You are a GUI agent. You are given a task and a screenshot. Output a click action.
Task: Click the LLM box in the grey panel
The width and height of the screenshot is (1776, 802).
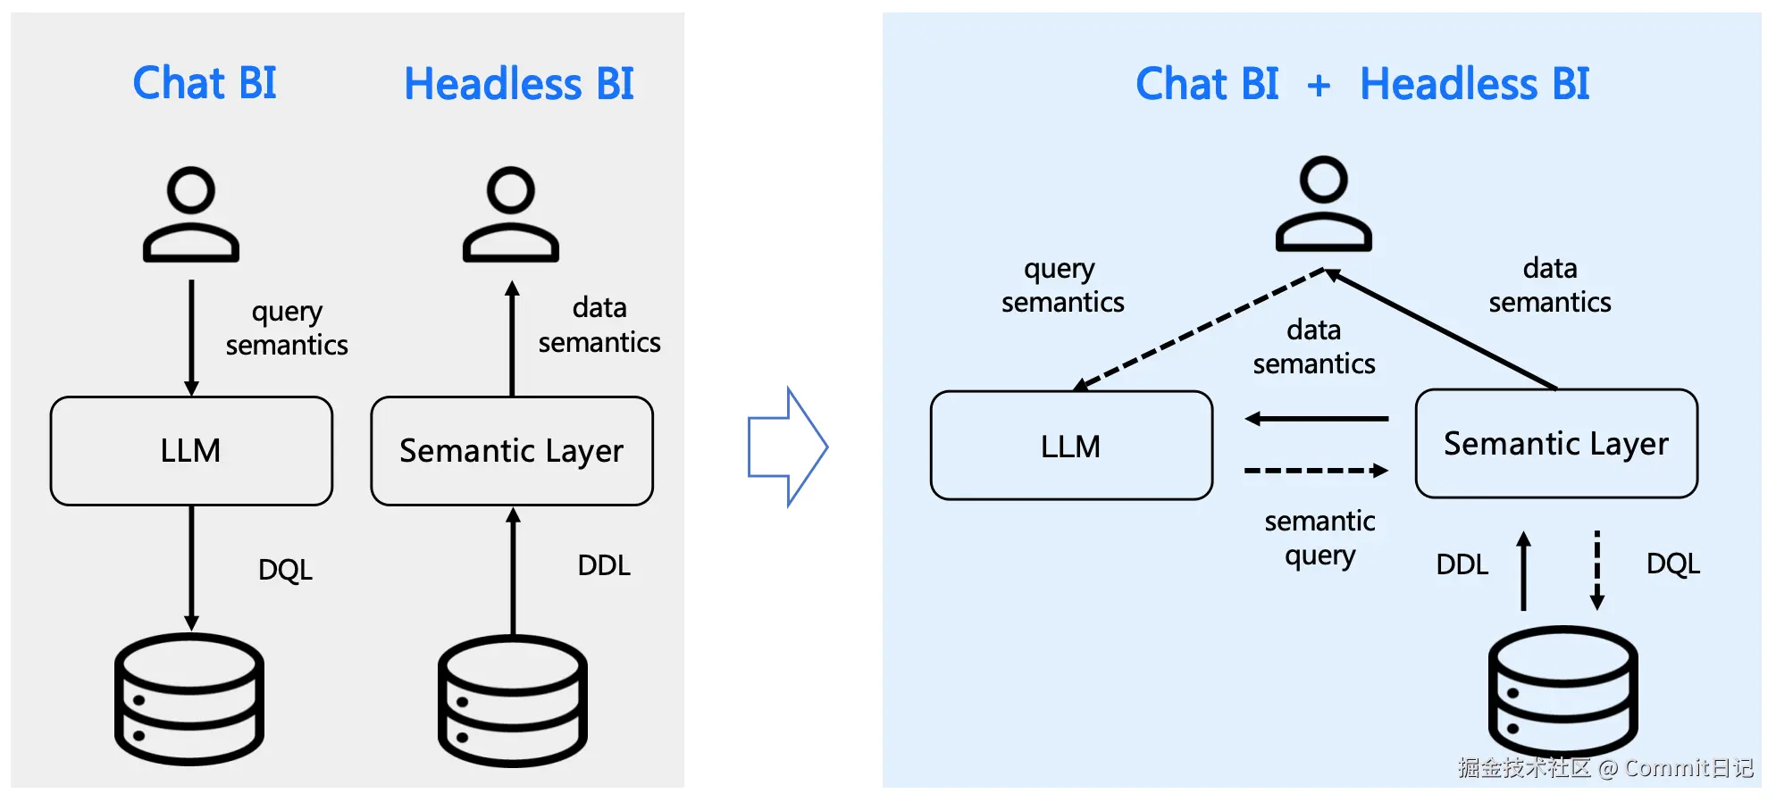click(191, 451)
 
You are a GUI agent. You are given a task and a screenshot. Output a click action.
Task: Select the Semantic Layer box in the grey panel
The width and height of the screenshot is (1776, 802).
click(512, 451)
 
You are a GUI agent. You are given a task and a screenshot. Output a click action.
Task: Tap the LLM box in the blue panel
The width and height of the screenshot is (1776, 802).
click(1071, 446)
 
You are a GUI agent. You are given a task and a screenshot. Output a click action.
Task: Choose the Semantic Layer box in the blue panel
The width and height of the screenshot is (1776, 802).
click(1556, 444)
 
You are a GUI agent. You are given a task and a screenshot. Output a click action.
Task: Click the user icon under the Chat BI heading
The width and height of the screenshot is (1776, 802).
click(191, 214)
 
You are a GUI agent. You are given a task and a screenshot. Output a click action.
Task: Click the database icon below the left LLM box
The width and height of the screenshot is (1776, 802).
click(189, 698)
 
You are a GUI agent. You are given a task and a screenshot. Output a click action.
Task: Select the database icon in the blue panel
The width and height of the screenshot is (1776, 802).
click(1562, 690)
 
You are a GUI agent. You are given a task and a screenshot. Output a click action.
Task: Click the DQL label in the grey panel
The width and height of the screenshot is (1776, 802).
click(285, 570)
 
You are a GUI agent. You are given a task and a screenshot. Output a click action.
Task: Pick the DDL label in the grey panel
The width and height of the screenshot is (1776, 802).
click(604, 565)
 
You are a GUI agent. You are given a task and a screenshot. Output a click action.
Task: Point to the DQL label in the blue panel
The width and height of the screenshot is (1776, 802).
click(1672, 564)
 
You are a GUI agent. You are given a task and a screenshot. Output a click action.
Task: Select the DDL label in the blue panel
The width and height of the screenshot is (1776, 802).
click(1462, 564)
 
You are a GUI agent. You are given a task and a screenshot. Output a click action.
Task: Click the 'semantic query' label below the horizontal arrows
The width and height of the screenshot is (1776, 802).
click(1319, 538)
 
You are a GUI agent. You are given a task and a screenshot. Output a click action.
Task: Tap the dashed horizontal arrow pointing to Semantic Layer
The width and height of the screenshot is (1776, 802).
click(1316, 471)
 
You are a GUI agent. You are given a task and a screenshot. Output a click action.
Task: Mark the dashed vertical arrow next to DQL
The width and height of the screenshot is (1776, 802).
click(1597, 571)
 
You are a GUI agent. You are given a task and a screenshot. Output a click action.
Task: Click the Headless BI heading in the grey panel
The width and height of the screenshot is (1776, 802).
click(518, 85)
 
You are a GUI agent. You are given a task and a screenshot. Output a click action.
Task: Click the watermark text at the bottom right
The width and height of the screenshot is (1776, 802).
click(1604, 768)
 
